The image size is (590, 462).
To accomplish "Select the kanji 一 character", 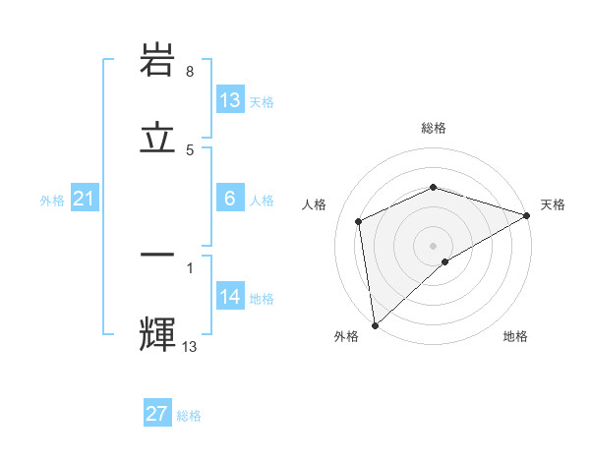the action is (x=157, y=256).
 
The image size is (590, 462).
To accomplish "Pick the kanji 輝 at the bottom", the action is (x=157, y=331).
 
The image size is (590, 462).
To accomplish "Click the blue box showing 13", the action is (x=230, y=99).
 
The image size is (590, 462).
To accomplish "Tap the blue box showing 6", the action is (x=230, y=199).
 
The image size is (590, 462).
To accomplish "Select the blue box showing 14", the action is (x=230, y=297).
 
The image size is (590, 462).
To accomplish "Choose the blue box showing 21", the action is (x=85, y=200).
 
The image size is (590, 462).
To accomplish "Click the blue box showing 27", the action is (x=157, y=414).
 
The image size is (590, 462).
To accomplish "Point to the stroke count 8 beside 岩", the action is (x=190, y=72).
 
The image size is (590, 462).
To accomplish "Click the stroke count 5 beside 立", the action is (x=190, y=149).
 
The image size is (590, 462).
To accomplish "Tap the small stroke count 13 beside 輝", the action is (x=190, y=346).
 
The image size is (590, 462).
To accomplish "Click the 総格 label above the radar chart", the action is (x=434, y=129).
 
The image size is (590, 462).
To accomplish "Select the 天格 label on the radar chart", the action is (x=554, y=204).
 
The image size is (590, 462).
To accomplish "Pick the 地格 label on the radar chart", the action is (x=515, y=337).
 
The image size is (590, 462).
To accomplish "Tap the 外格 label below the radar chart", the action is (x=346, y=337).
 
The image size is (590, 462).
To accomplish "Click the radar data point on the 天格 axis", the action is (x=527, y=215).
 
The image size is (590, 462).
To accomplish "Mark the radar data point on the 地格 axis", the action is (x=445, y=261).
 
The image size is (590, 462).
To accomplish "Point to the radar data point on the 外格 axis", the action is (x=375, y=325).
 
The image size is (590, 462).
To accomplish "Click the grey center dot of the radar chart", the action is (x=434, y=245).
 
